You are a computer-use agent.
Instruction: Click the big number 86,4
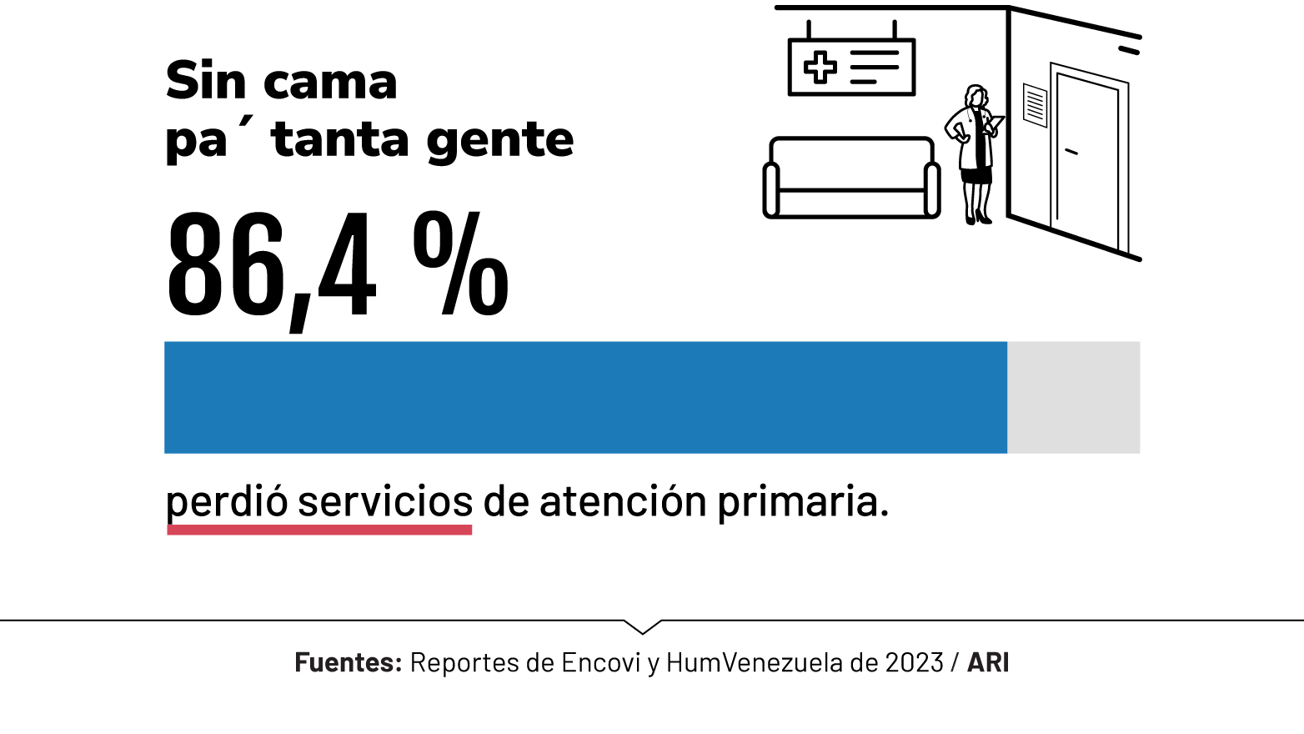pos(271,265)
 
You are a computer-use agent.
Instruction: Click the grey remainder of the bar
pos(1073,397)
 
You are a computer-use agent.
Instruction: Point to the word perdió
pos(227,502)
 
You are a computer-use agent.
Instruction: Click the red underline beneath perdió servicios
pos(319,530)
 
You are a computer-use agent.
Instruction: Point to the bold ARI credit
pos(988,662)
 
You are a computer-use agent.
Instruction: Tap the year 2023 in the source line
pos(914,662)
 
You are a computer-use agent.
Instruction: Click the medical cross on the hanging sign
pos(820,68)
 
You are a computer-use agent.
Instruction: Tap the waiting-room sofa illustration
pos(851,178)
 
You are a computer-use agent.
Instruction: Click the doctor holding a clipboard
pos(974,153)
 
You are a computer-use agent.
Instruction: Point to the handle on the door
pos(1071,152)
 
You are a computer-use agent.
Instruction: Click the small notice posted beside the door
pos(1035,105)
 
